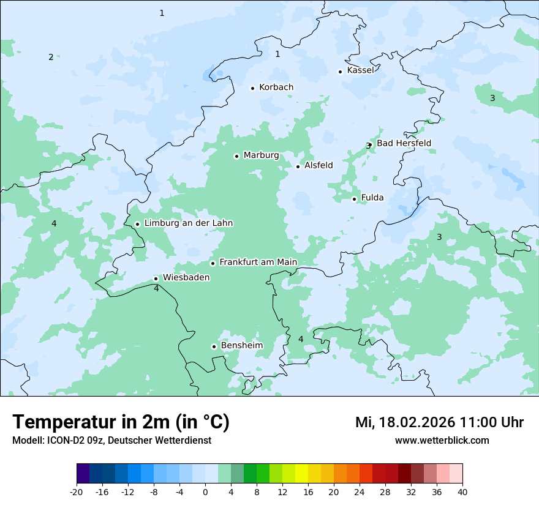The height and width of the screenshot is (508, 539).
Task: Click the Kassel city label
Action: (360, 70)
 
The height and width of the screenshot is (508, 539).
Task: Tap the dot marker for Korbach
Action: (252, 88)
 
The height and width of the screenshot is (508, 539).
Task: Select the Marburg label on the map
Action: (261, 155)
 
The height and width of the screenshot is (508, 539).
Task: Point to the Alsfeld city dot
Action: (298, 166)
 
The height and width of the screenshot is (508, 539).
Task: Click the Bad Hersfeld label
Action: (404, 143)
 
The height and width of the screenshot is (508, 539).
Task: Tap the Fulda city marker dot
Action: (354, 199)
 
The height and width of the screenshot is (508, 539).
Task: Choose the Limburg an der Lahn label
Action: (188, 223)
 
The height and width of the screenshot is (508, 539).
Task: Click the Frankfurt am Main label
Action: (258, 262)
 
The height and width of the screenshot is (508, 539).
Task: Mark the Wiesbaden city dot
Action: (156, 278)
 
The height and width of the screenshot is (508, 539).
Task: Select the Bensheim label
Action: (241, 346)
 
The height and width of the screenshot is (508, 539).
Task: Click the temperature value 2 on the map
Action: (51, 58)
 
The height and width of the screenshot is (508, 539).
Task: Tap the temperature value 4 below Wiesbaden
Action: (156, 289)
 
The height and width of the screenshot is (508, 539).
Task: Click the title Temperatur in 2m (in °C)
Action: (121, 422)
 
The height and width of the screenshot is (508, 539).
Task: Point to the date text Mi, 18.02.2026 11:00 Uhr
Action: (439, 422)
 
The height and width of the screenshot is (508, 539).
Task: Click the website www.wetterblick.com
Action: (442, 441)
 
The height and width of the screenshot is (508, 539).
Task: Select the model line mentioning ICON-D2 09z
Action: (111, 441)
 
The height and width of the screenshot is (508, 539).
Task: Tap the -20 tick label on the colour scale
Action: (77, 492)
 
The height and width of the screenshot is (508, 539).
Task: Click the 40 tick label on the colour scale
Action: (462, 492)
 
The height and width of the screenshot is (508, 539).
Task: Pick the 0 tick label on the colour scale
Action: (205, 492)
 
